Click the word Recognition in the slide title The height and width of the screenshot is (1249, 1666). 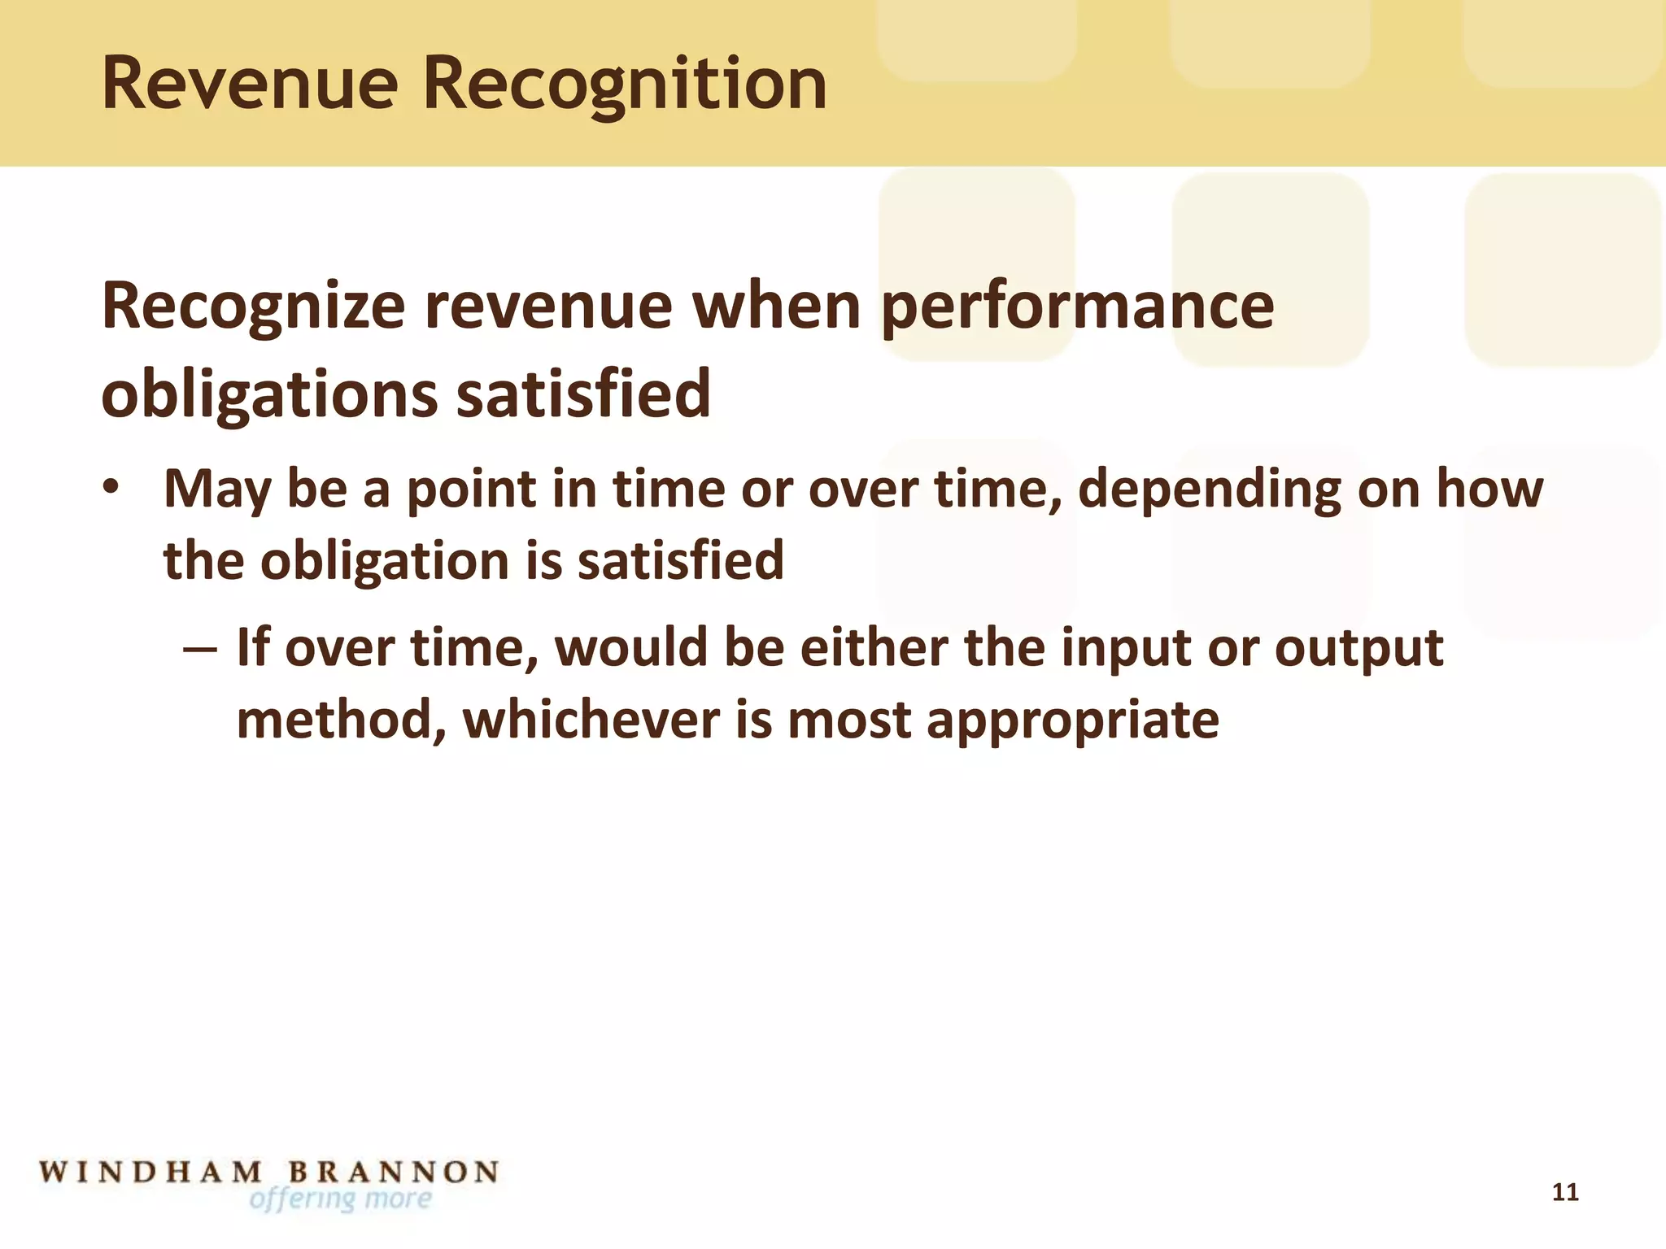pos(625,85)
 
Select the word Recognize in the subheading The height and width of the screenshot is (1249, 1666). pos(253,307)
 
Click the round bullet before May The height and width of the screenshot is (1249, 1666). pos(111,487)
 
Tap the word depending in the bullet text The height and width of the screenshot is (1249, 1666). pos(1209,490)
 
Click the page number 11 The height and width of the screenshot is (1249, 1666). pos(1565,1193)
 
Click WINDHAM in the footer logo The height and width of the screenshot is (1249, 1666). pos(151,1172)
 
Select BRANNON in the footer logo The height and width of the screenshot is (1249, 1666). pos(394,1172)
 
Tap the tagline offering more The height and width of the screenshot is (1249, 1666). pos(340,1199)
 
